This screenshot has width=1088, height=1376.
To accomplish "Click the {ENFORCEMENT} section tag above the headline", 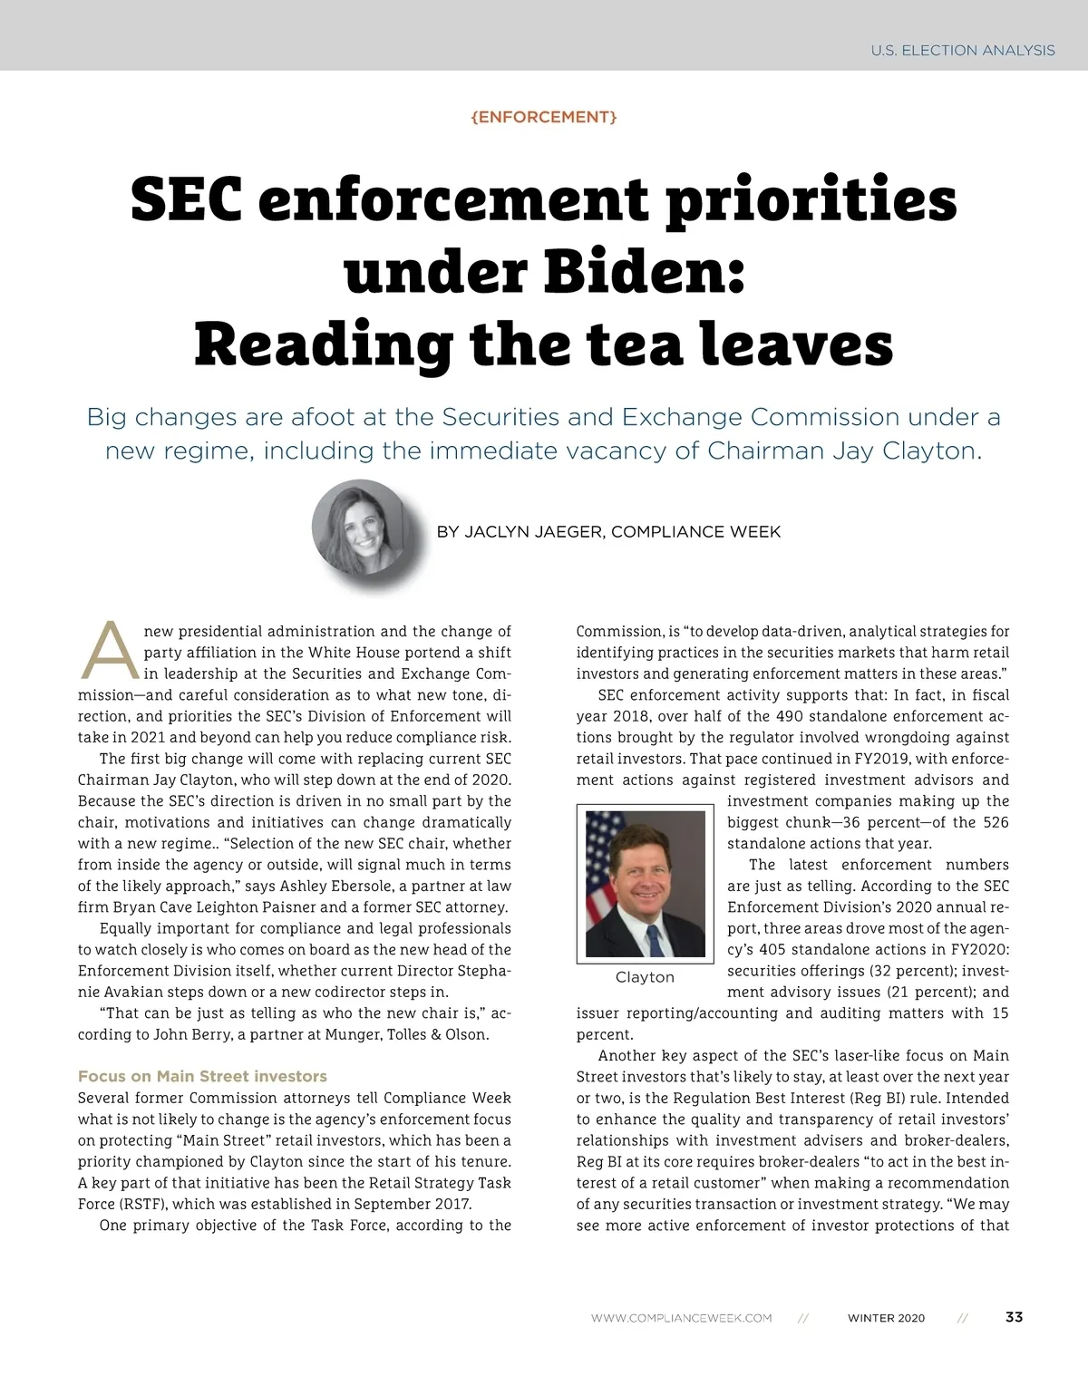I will click(544, 117).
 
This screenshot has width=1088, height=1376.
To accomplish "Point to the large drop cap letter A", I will click(110, 651).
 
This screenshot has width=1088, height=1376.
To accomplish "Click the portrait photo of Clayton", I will click(645, 884).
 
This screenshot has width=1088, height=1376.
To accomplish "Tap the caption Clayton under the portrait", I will click(645, 977).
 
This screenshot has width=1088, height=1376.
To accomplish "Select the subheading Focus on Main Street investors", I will click(202, 1076).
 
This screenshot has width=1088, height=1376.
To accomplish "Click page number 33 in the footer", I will click(1015, 1317).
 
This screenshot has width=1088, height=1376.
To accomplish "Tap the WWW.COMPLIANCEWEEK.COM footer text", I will click(681, 1318).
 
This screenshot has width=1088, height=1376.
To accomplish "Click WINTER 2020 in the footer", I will click(886, 1318).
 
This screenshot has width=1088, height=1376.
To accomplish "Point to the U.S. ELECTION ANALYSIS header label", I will click(963, 51).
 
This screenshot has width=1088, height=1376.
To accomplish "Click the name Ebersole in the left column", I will click(363, 886).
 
